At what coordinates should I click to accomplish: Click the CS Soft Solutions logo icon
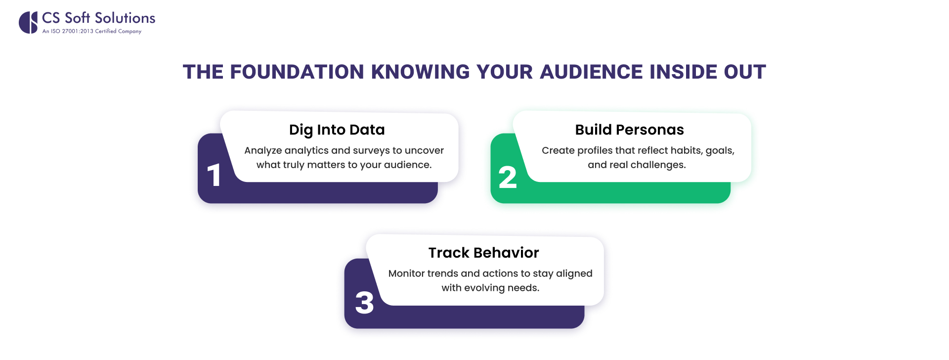click(x=28, y=22)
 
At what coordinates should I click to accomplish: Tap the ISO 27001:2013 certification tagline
click(x=92, y=31)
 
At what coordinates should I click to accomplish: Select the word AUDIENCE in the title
click(x=591, y=72)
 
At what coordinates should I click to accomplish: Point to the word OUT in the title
click(x=745, y=72)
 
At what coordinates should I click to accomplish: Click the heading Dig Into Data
click(x=337, y=130)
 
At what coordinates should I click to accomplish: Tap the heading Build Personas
click(x=629, y=130)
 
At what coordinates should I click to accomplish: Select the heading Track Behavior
click(x=483, y=253)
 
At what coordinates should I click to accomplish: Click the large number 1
click(x=214, y=176)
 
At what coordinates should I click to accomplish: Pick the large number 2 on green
click(x=508, y=178)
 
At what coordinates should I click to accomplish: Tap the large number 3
click(x=364, y=303)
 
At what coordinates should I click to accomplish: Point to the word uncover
click(x=424, y=150)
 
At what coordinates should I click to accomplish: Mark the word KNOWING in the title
click(x=421, y=72)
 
